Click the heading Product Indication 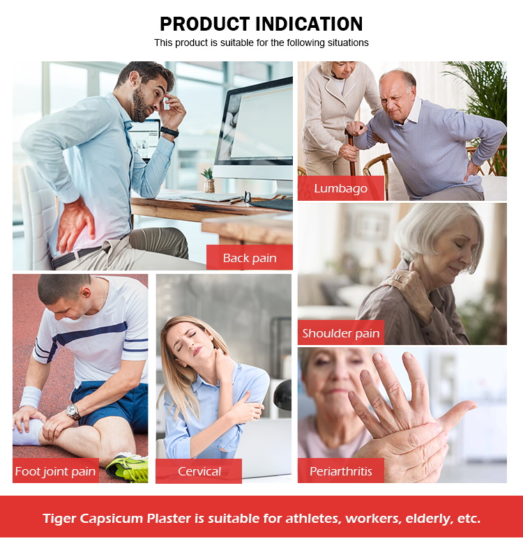pos(261,24)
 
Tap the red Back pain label pos(250,258)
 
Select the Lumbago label pos(340,188)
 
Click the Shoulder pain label pos(341,333)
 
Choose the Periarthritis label pos(340,471)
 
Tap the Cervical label pos(199,471)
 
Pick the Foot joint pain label pos(55,471)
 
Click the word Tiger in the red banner pos(61,518)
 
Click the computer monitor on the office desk pos(255,132)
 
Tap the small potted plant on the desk pos(209,180)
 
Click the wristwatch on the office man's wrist pos(169,131)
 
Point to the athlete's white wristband pos(31,397)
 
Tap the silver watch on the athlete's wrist pos(73,411)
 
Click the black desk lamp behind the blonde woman pos(282,397)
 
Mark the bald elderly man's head pos(399,84)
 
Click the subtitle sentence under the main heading pos(261,43)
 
